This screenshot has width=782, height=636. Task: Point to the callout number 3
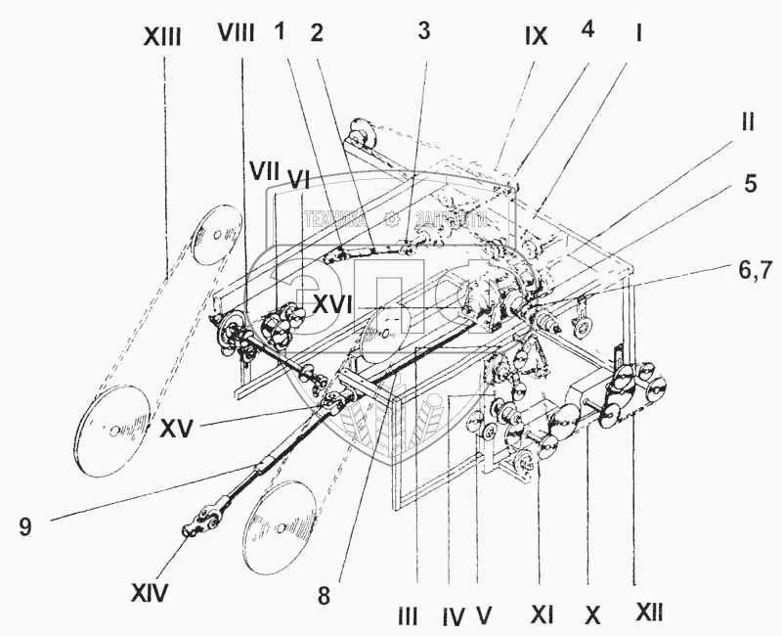[x=422, y=30]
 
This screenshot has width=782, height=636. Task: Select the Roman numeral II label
[x=747, y=123]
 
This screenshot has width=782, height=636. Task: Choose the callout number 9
[x=24, y=526]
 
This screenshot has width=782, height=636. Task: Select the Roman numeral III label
[x=409, y=615]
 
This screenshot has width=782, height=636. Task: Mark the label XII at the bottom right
[x=649, y=613]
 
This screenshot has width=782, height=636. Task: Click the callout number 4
[x=587, y=30]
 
